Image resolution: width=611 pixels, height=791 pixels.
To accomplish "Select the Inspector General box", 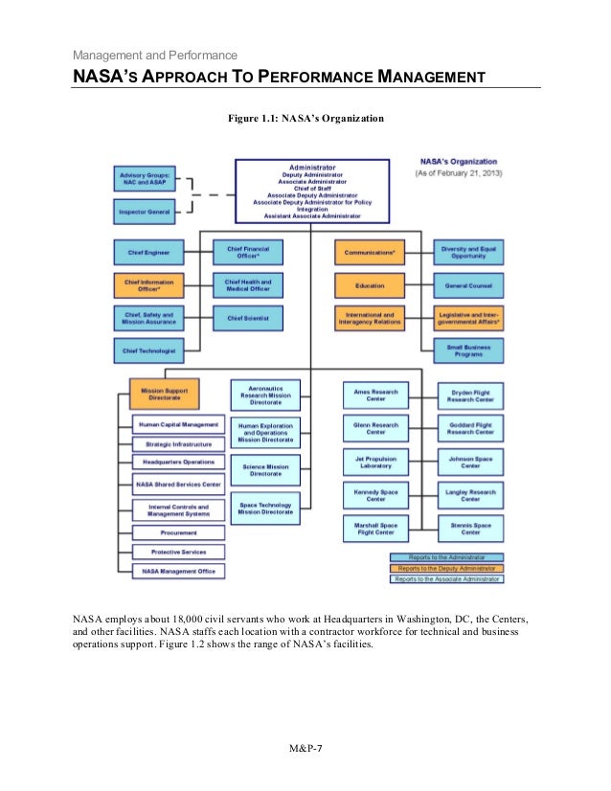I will click(146, 211).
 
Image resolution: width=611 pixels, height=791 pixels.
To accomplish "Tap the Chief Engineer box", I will click(148, 253).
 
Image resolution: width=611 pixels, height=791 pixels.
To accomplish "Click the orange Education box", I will click(369, 285).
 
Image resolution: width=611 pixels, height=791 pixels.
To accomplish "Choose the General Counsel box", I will click(468, 285).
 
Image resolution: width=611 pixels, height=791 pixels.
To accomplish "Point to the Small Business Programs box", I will click(468, 350).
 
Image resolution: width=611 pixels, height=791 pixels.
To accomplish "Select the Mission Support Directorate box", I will click(165, 393).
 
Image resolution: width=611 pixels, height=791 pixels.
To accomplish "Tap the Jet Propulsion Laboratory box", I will click(375, 461).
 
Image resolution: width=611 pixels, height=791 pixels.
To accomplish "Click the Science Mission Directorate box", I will click(265, 468).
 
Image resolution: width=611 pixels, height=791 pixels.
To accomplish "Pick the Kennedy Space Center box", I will click(375, 494).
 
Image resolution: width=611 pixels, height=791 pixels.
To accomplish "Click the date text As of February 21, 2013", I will click(464, 174).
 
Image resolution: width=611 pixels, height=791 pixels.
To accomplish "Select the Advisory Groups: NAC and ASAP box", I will click(146, 178).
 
